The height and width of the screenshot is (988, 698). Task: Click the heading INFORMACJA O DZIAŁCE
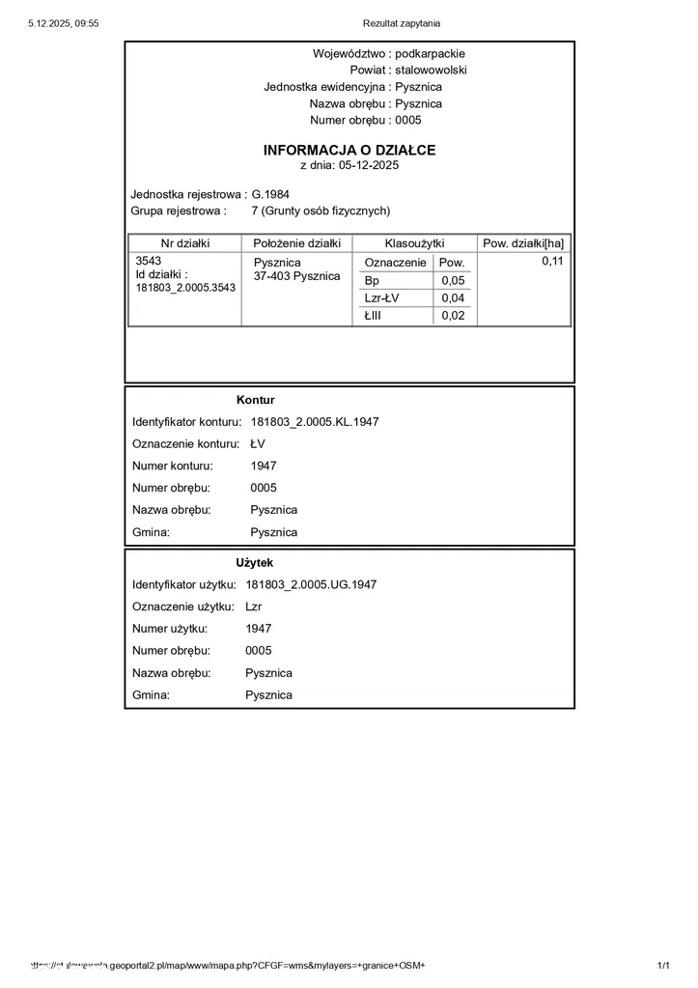click(349, 151)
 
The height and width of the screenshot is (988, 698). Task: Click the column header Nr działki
click(185, 243)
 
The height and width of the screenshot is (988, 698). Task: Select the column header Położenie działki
click(297, 243)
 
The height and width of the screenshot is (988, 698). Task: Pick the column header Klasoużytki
click(414, 243)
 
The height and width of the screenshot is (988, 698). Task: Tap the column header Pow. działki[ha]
click(523, 243)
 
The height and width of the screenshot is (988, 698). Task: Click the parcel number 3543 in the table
click(149, 262)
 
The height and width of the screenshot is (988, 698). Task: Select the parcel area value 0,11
click(552, 262)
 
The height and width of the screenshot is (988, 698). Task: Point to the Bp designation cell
click(373, 280)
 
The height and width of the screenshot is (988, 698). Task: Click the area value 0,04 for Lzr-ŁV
click(453, 298)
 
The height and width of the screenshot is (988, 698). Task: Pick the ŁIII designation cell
click(374, 316)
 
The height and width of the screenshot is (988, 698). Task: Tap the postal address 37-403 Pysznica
click(297, 276)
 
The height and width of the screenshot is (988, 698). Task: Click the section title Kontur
click(256, 400)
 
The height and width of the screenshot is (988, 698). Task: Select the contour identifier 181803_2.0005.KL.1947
click(315, 422)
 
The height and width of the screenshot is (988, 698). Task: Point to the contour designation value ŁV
click(258, 444)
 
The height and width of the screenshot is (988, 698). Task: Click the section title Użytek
click(255, 562)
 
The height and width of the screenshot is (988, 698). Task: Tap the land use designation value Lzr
click(254, 607)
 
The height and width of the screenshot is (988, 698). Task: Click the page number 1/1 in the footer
click(663, 966)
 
